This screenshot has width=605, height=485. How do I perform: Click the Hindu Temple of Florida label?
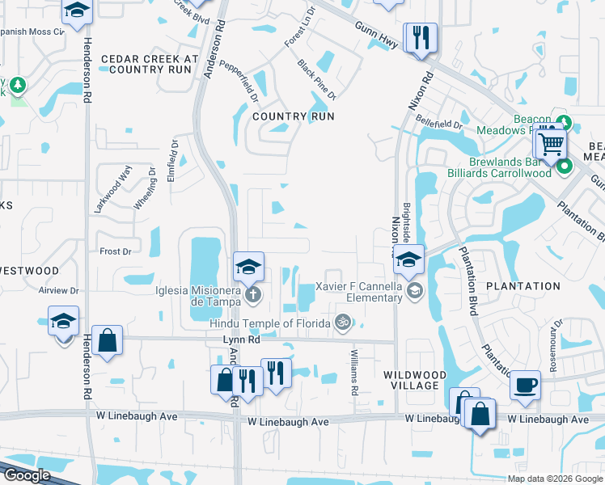click(271, 323)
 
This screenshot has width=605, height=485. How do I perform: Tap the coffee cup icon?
click(526, 385)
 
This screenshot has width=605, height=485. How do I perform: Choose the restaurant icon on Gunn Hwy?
click(421, 37)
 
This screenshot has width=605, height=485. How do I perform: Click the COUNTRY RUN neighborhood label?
click(292, 116)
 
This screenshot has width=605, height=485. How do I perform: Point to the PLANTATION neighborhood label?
click(522, 286)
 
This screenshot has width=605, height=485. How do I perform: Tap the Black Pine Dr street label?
click(315, 78)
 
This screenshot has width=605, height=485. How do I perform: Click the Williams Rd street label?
click(354, 373)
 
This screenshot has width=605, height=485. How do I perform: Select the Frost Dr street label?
click(115, 251)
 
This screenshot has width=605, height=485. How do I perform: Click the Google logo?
click(26, 475)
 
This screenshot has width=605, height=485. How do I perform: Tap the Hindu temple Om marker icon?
click(343, 323)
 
